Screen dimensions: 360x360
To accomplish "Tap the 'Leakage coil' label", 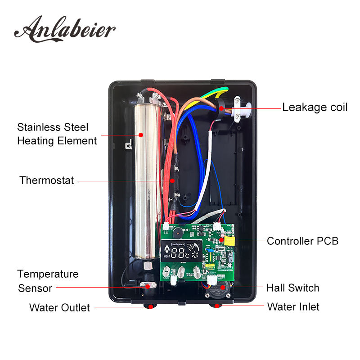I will point(315,108).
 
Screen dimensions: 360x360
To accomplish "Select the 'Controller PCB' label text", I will point(302,241).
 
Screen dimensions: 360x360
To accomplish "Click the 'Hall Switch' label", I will point(292,288).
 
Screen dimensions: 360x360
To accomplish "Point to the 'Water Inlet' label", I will point(293,307).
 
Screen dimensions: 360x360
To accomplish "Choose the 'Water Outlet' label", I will point(59,308).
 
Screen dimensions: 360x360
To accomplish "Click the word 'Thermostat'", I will point(47,180).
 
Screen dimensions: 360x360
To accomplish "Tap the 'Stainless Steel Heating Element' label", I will point(57,134).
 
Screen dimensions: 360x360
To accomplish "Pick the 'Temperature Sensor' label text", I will point(48,281).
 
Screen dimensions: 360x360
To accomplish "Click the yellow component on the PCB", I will point(229,242).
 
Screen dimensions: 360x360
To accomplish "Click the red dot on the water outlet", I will point(148,307).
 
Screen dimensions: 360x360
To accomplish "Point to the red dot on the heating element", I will point(141,134).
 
